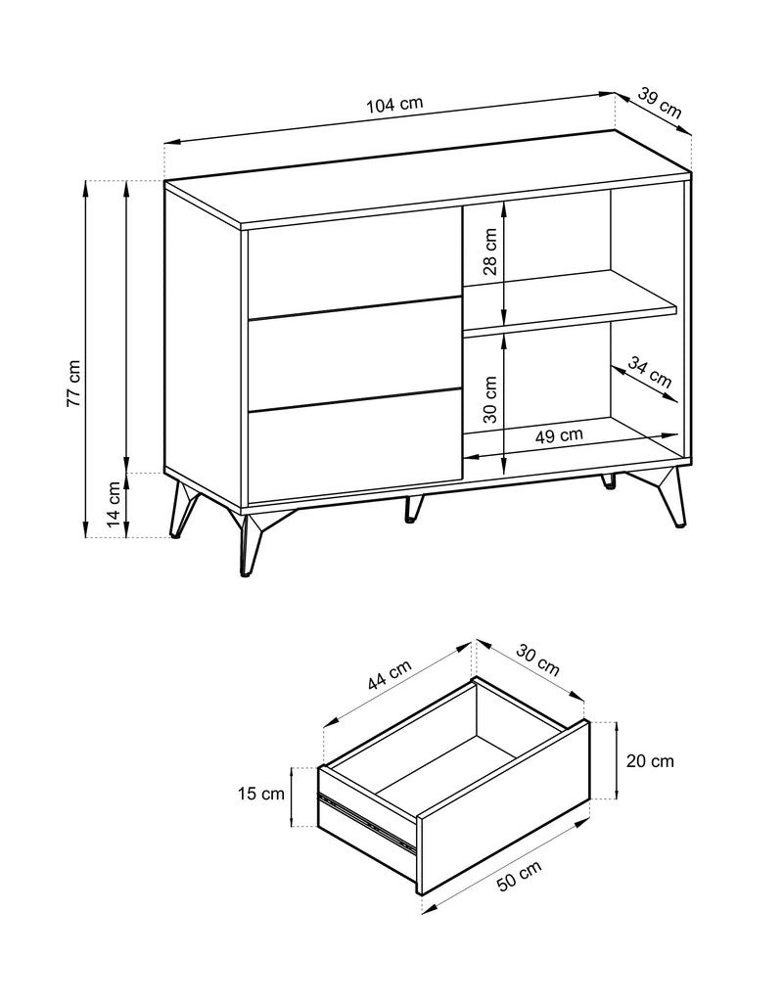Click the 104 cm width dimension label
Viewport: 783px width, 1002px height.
(x=394, y=104)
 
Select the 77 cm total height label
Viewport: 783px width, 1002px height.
(x=74, y=384)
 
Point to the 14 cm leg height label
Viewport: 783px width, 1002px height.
(x=114, y=504)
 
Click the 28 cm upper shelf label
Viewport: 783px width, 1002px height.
(x=490, y=251)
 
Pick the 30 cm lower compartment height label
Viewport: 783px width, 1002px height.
(x=490, y=399)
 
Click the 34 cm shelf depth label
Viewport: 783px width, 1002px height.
(x=650, y=373)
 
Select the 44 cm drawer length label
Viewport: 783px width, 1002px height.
(x=390, y=675)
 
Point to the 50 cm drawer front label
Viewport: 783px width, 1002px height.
(x=520, y=876)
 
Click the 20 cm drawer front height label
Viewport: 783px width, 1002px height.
(x=650, y=761)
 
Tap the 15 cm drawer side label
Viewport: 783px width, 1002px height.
(x=260, y=794)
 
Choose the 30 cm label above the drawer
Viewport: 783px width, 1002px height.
(x=537, y=660)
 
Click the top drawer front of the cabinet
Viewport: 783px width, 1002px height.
(x=354, y=262)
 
